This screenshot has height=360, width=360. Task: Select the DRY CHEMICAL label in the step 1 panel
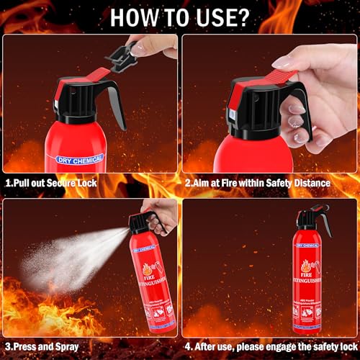(78, 158)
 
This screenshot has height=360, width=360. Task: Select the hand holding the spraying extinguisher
(162, 216)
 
